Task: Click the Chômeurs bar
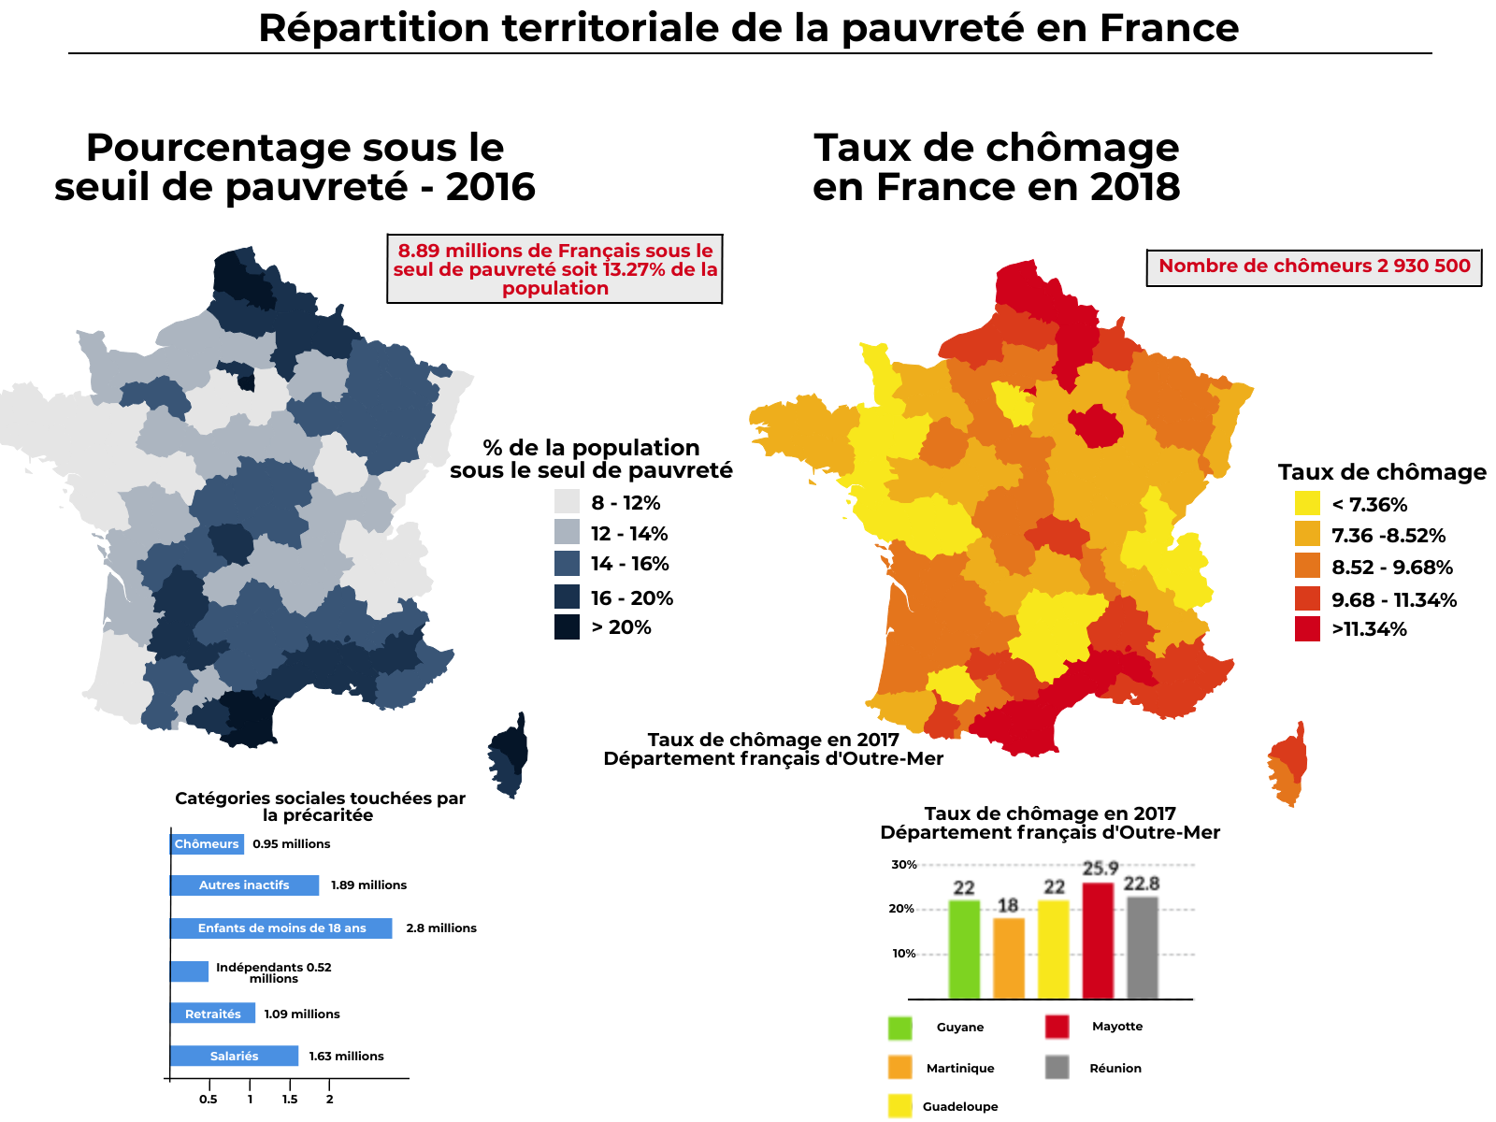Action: tap(207, 843)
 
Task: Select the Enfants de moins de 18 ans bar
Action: tap(280, 928)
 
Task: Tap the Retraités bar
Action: tap(212, 1013)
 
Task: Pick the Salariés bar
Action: tap(234, 1055)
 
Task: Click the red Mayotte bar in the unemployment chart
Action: tap(1097, 940)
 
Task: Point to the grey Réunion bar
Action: tap(1142, 946)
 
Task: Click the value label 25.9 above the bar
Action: tap(1100, 868)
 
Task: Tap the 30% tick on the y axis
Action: tap(903, 864)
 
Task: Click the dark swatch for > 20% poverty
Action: tap(567, 626)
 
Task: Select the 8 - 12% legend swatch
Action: tap(567, 501)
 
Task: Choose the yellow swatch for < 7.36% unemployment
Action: tap(1306, 503)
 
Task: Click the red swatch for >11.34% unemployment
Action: tap(1306, 628)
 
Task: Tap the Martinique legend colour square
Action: tap(899, 1066)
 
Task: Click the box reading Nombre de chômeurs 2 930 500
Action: tap(1313, 267)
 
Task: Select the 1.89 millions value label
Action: tap(368, 885)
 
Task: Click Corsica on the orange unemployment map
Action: tap(1286, 764)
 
